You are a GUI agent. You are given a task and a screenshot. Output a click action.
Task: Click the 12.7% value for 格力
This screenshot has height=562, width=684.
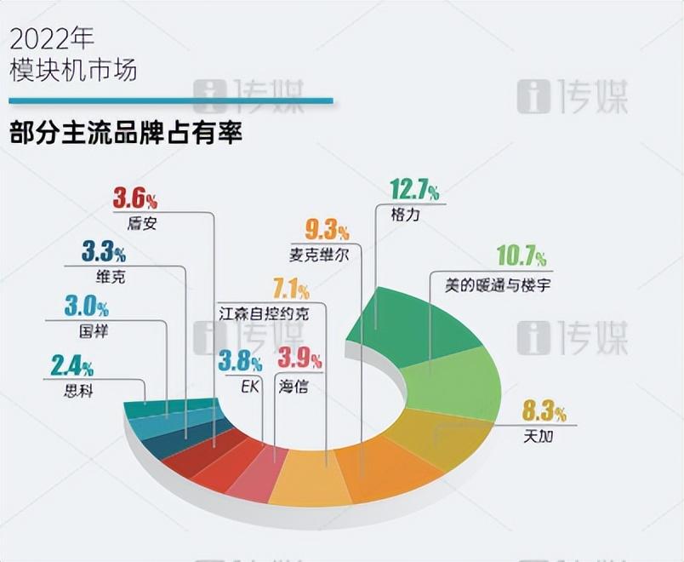413,191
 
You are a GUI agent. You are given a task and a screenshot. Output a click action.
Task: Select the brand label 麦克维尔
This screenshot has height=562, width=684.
318,254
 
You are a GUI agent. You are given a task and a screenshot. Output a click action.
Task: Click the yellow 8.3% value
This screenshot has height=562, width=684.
544,414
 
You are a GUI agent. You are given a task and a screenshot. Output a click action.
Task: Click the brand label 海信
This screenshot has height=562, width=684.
294,386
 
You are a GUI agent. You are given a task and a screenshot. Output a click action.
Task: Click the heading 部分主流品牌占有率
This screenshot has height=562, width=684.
125,134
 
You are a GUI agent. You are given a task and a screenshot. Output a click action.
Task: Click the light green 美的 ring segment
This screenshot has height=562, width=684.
455,379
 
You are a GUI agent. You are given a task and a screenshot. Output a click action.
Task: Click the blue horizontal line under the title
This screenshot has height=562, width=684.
170,101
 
